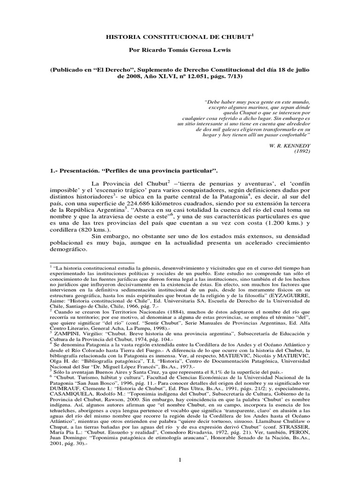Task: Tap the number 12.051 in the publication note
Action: (x=178, y=77)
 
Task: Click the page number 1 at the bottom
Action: (x=180, y=462)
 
